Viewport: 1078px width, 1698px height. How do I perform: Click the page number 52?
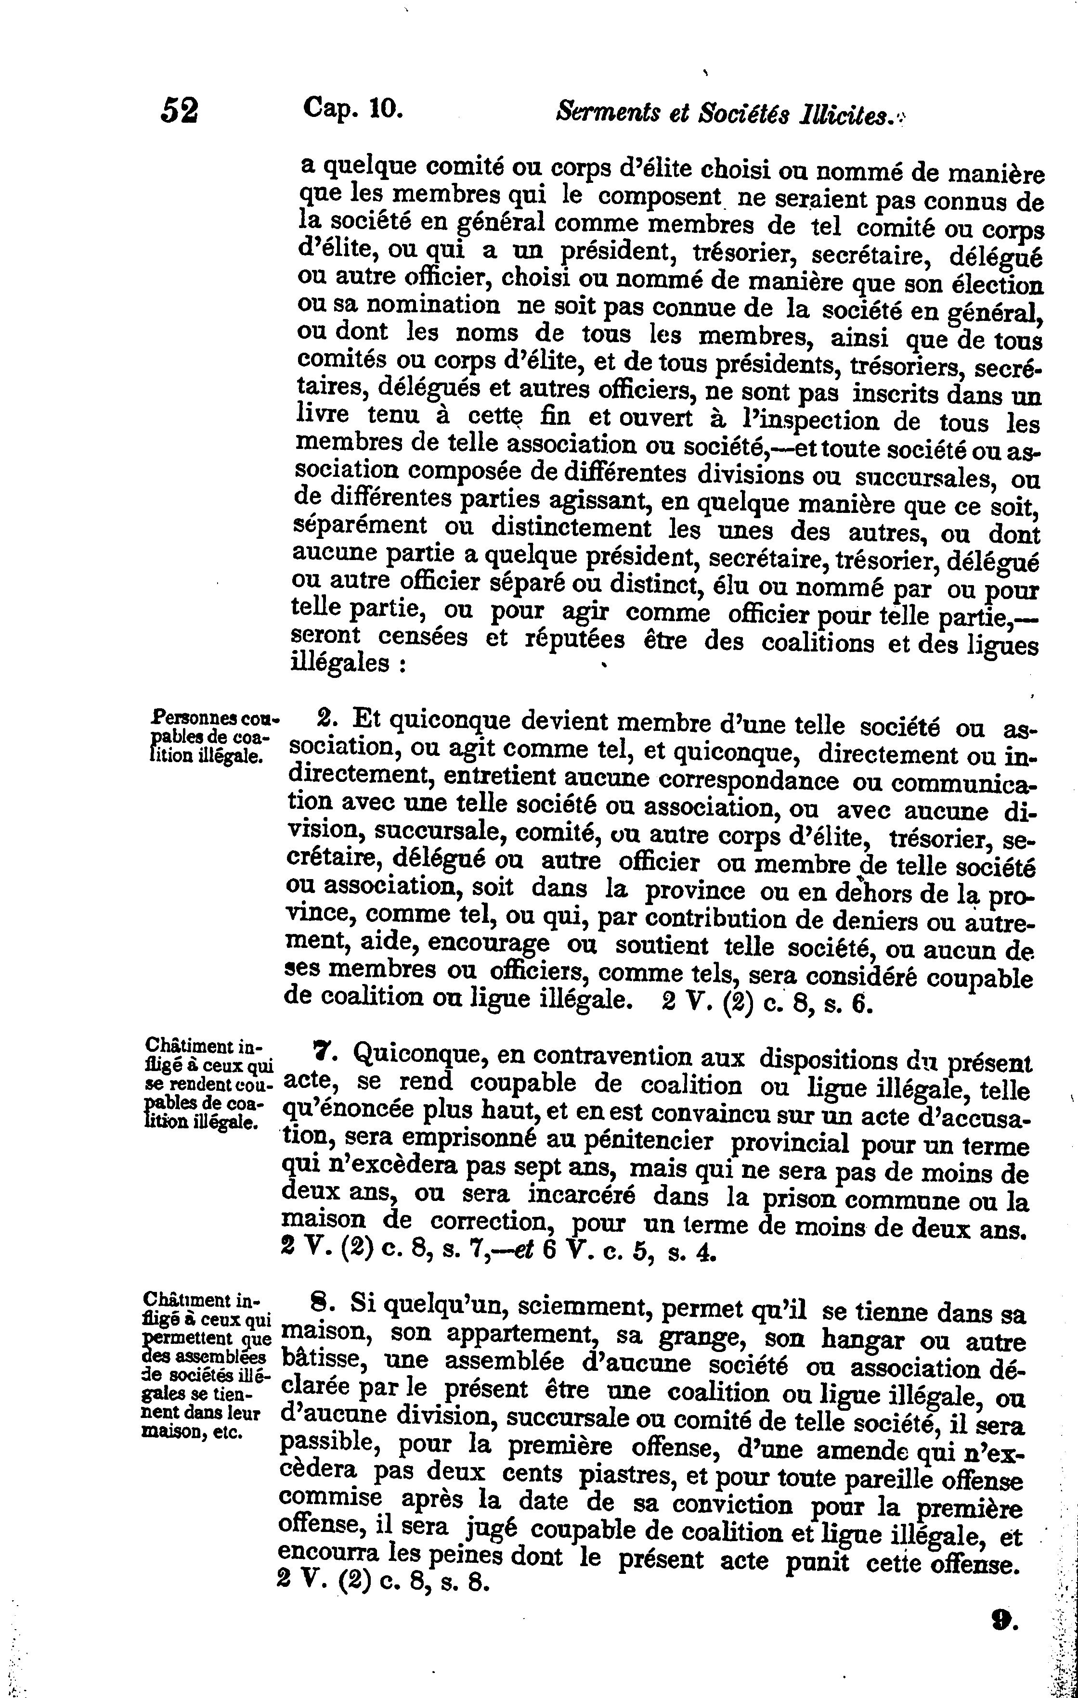point(180,111)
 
